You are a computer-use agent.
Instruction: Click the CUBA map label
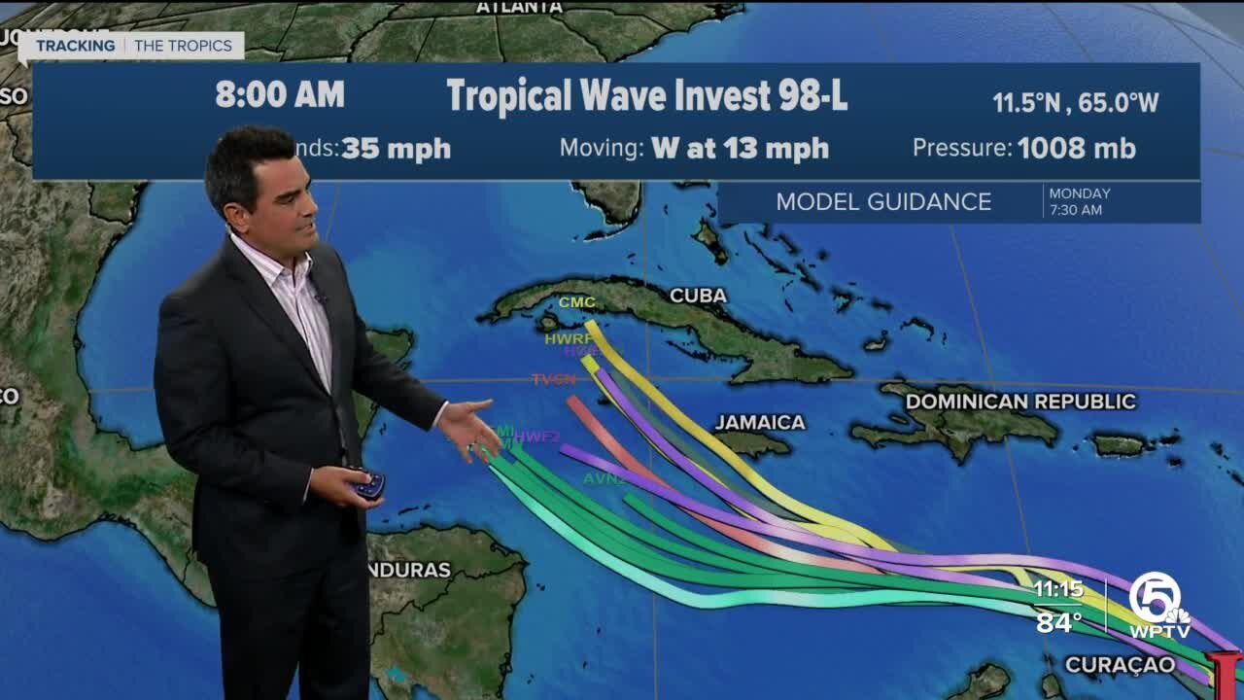click(698, 296)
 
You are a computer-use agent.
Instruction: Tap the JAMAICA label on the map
click(760, 422)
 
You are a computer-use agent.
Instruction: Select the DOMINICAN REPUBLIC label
click(1020, 402)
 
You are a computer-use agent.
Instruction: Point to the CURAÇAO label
click(1120, 665)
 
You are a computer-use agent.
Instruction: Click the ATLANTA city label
click(519, 7)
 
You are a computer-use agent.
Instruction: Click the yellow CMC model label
click(576, 302)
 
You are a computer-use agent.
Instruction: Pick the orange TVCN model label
click(554, 379)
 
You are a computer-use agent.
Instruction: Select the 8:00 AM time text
click(280, 94)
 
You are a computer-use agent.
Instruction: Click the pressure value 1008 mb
click(1076, 148)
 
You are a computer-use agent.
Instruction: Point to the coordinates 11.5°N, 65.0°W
click(1075, 103)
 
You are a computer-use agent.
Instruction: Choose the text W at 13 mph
click(740, 149)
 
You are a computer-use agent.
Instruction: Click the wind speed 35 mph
click(396, 149)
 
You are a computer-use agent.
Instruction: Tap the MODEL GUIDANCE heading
click(882, 202)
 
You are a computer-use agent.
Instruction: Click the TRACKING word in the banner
click(76, 46)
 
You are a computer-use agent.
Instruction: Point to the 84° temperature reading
click(1057, 621)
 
